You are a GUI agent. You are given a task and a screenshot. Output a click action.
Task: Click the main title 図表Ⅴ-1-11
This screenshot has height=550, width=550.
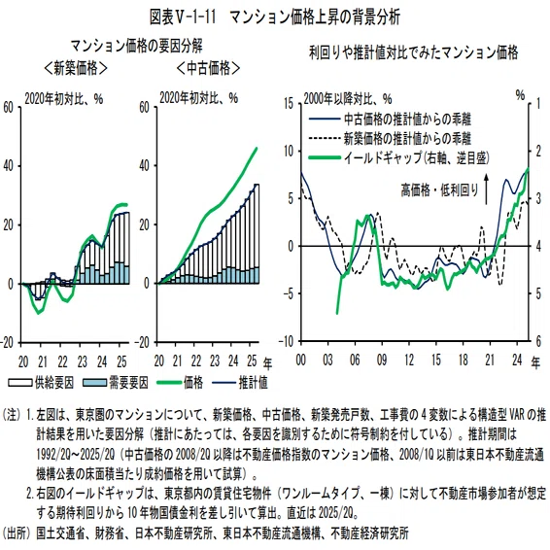(x=183, y=17)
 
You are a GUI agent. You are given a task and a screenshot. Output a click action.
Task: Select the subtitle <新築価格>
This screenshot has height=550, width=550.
(x=76, y=68)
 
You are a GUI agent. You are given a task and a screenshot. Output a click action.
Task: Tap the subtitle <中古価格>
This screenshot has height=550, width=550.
(x=208, y=68)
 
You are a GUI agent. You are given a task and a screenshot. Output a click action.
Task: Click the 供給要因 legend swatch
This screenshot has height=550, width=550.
(x=20, y=382)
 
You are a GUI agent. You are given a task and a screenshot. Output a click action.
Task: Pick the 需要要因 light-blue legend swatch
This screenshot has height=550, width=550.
(x=94, y=382)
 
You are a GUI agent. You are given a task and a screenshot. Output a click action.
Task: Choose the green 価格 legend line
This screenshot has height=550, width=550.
(x=169, y=382)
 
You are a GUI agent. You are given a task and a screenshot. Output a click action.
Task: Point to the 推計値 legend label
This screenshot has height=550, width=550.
(x=253, y=382)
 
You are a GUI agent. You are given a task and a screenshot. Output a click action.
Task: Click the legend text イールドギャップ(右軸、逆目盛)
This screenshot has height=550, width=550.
(x=416, y=157)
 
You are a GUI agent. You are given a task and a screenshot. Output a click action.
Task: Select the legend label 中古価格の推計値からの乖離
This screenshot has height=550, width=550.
(x=407, y=120)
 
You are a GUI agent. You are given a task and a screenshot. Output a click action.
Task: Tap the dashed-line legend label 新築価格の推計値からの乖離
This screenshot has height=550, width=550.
(x=407, y=138)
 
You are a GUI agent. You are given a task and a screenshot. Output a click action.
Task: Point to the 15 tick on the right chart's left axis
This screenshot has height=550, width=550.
(x=289, y=103)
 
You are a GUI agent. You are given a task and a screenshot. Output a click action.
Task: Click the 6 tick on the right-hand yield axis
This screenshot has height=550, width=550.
(x=538, y=341)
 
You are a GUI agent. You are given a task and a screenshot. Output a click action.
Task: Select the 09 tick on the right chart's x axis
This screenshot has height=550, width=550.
(x=382, y=361)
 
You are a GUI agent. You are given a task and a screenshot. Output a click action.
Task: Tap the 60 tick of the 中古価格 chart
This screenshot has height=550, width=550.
(x=145, y=107)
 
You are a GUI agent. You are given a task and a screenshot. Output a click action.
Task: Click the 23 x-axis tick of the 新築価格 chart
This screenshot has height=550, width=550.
(x=82, y=361)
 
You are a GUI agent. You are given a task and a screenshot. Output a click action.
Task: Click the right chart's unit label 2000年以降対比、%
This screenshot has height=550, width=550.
(x=348, y=99)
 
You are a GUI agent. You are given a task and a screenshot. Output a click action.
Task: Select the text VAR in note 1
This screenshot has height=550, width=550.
(x=516, y=415)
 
